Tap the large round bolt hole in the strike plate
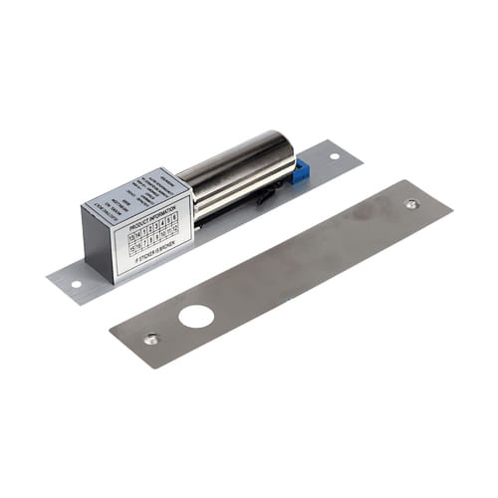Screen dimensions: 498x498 tap(196, 318)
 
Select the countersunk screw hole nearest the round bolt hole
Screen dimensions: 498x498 tap(150, 339)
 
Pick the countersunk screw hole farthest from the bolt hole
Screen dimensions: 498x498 tap(411, 203)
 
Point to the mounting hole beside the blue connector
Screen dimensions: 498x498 tap(334, 155)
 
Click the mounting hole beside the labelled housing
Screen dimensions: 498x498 tap(75, 284)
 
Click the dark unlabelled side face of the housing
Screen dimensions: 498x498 tap(97, 244)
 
